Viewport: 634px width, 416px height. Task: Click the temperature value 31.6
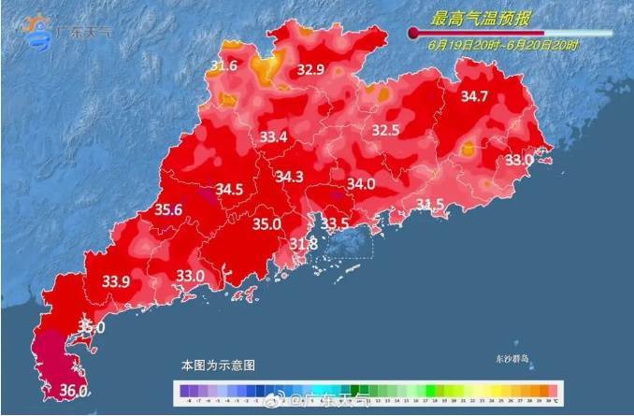pyautogui.click(x=223, y=66)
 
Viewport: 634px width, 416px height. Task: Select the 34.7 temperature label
pyautogui.click(x=475, y=96)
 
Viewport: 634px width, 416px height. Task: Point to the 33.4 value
pyautogui.click(x=273, y=138)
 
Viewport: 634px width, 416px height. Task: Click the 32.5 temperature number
pyautogui.click(x=386, y=130)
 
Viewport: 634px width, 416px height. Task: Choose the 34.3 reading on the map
pyautogui.click(x=289, y=177)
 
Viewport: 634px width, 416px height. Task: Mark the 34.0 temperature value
pyautogui.click(x=361, y=184)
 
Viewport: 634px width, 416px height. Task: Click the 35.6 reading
pyautogui.click(x=168, y=210)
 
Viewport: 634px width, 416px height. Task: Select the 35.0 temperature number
pyautogui.click(x=267, y=224)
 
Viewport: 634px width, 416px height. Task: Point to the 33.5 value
pyautogui.click(x=335, y=223)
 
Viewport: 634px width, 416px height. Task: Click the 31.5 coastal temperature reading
pyautogui.click(x=430, y=205)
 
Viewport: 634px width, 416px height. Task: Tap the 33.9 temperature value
pyautogui.click(x=116, y=280)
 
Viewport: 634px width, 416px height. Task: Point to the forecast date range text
pyautogui.click(x=503, y=44)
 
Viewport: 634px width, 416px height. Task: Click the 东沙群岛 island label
pyautogui.click(x=512, y=358)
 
